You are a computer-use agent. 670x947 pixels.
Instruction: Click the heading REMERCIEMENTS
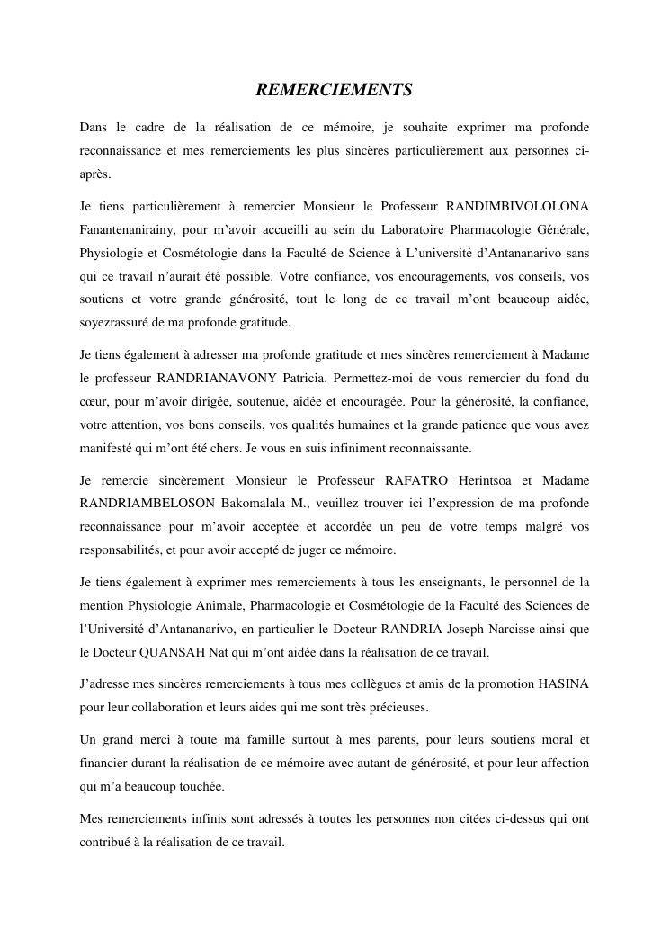pyautogui.click(x=335, y=90)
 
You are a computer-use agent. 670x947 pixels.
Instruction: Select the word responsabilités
pyautogui.click(x=121, y=549)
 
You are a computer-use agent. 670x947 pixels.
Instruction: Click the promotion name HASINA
pyautogui.click(x=563, y=684)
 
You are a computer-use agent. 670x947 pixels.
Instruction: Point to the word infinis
pyautogui.click(x=205, y=819)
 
